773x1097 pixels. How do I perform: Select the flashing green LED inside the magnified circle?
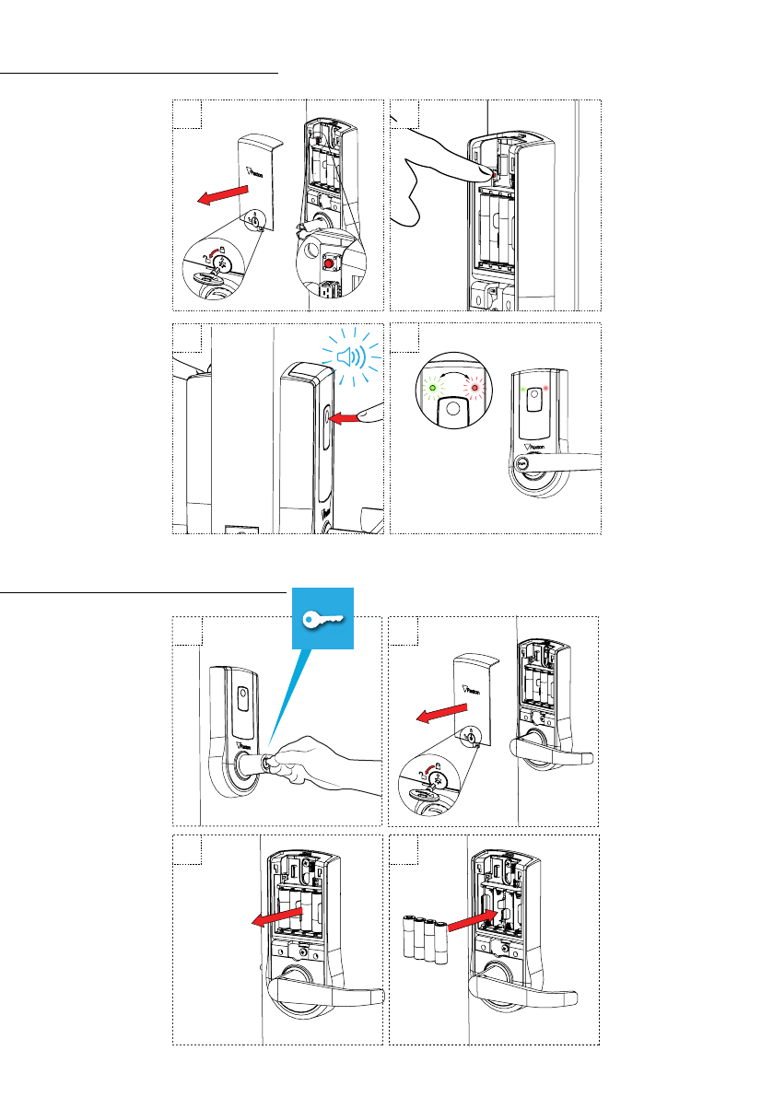click(433, 388)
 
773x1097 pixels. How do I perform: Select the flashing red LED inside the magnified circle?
click(475, 388)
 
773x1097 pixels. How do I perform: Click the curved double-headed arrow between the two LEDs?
click(454, 376)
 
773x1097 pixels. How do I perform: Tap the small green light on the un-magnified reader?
click(524, 390)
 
